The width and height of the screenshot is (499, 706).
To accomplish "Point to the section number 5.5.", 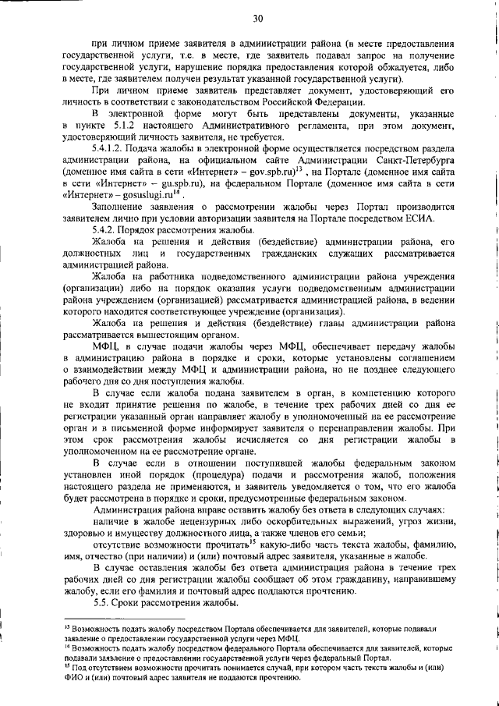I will tap(102, 604).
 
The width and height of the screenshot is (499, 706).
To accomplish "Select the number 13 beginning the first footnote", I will tap(66, 626).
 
